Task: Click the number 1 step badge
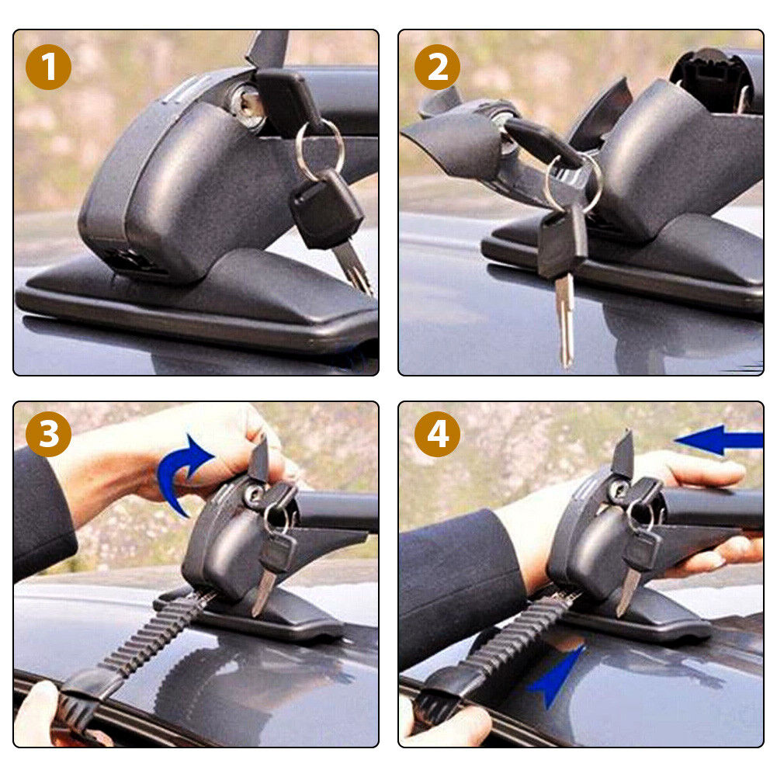[x=48, y=67]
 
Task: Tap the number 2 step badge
[x=438, y=67]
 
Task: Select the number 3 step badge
[x=48, y=434]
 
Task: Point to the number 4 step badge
[x=438, y=434]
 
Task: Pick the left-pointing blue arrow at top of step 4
[x=719, y=440]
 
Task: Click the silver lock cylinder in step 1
[x=248, y=105]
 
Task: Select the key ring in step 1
[x=319, y=149]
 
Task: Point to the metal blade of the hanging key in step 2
[x=565, y=322]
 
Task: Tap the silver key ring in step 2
[x=575, y=182]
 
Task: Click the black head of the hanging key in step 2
[x=563, y=242]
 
